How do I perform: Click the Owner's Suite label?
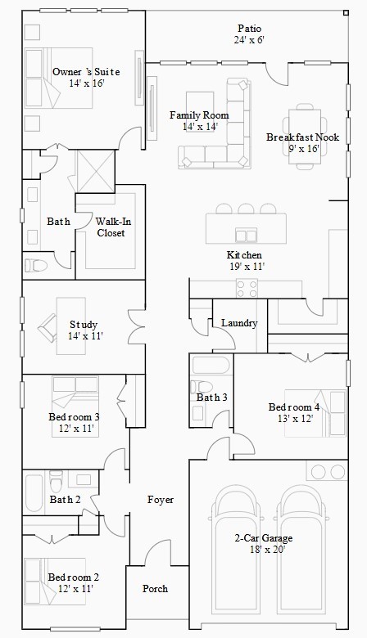point(79,73)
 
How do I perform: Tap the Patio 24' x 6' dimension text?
point(249,39)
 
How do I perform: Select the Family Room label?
point(199,115)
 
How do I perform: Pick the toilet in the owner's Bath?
point(35,264)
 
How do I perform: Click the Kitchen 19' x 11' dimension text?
point(246,266)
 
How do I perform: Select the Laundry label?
point(239,323)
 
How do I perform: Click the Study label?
point(84,325)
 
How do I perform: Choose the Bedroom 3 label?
point(74,417)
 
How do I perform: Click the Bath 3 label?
point(211,398)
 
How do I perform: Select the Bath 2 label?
point(65,500)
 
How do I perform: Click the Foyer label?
point(161,499)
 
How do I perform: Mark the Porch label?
point(156,589)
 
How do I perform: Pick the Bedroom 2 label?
point(73,577)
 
